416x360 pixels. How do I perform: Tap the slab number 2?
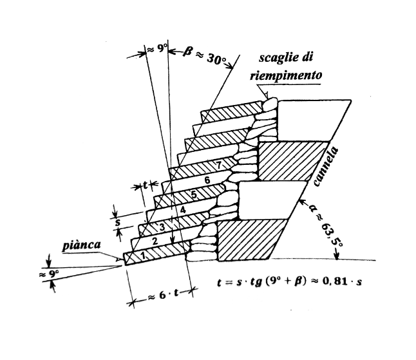pos(154,240)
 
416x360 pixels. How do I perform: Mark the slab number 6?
pos(207,180)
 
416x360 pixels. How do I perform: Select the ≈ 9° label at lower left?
pos(45,274)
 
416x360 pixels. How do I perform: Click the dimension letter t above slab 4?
pos(147,185)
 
